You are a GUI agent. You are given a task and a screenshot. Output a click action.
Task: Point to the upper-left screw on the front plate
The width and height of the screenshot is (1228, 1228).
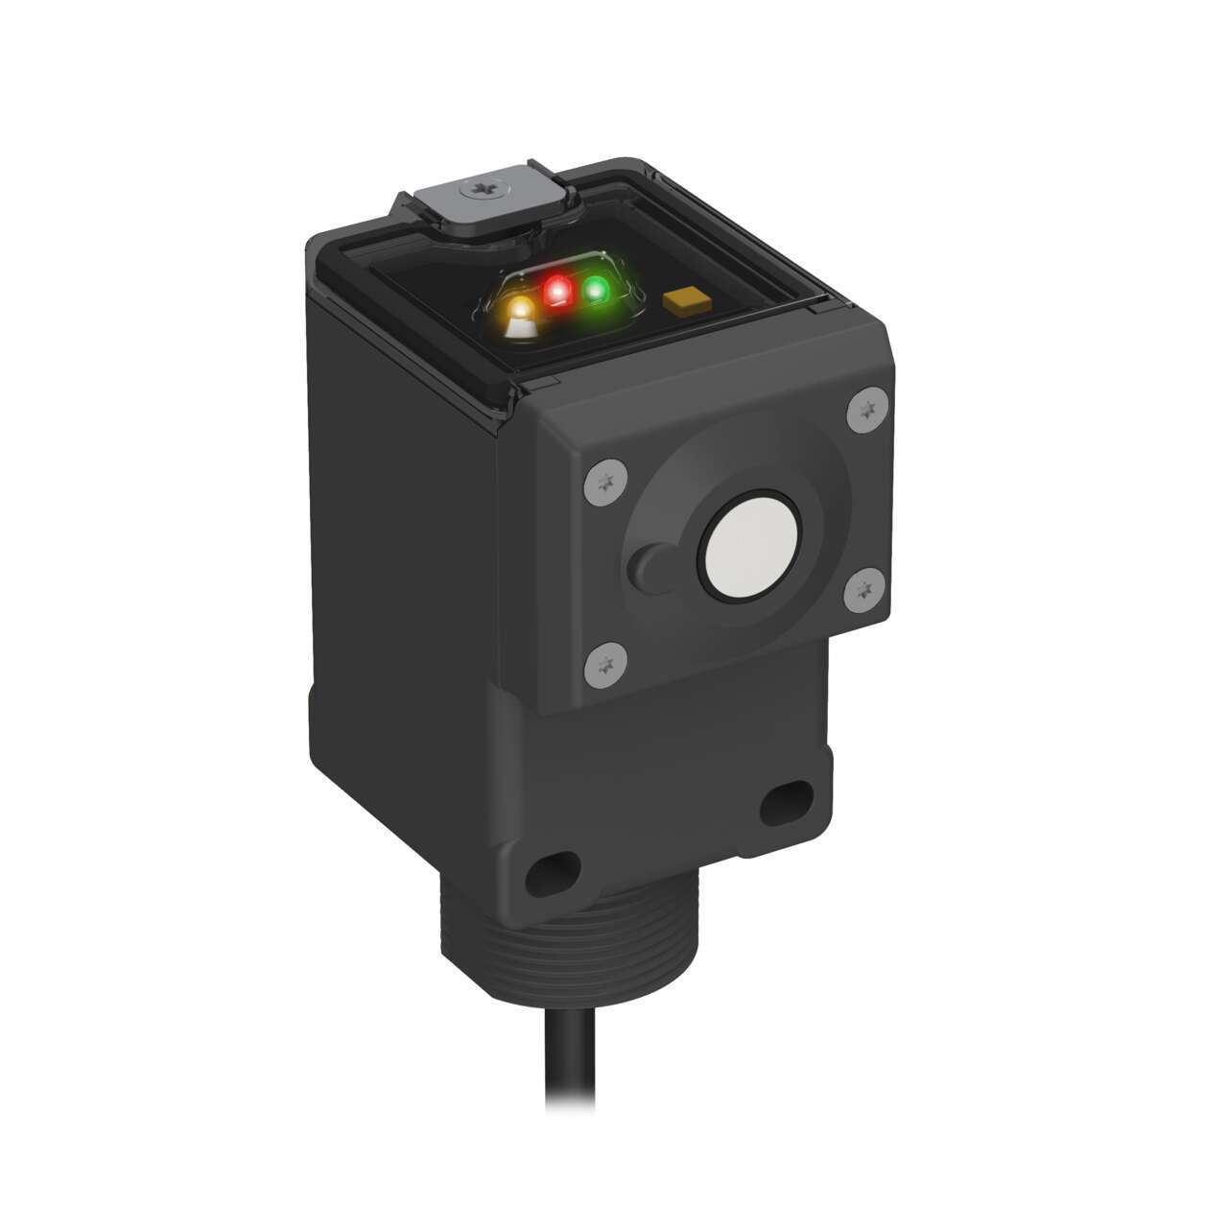604,476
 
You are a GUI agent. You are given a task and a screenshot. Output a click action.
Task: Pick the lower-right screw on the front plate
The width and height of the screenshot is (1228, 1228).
866,586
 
